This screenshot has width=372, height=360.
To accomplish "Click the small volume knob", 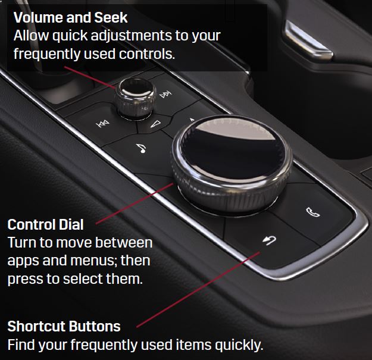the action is tap(135, 98).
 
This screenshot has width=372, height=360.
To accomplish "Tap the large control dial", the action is tap(232, 164).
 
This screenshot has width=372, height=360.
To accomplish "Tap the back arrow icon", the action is tap(270, 240).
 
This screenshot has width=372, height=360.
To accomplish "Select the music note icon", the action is tap(142, 148).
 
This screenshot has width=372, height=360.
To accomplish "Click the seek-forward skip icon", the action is tap(165, 95).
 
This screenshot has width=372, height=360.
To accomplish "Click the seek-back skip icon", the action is tap(102, 124).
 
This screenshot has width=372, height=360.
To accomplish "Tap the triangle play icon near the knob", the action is tap(156, 124).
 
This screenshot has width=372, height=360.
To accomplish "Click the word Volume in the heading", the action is tap(38, 17).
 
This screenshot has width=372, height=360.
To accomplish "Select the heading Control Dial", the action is tap(45, 224).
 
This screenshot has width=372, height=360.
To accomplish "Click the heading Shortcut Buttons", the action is tap(64, 326).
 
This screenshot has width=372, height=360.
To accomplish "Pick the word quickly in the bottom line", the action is tap(239, 345).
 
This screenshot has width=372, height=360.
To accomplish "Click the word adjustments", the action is tap(132, 36).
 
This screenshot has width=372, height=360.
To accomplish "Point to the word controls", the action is tap(147, 54).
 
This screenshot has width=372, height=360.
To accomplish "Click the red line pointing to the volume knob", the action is tap(90, 77).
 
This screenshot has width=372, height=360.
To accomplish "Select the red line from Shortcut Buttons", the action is tap(198, 290).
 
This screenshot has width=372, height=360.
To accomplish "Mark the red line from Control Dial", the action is tap(135, 204).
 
